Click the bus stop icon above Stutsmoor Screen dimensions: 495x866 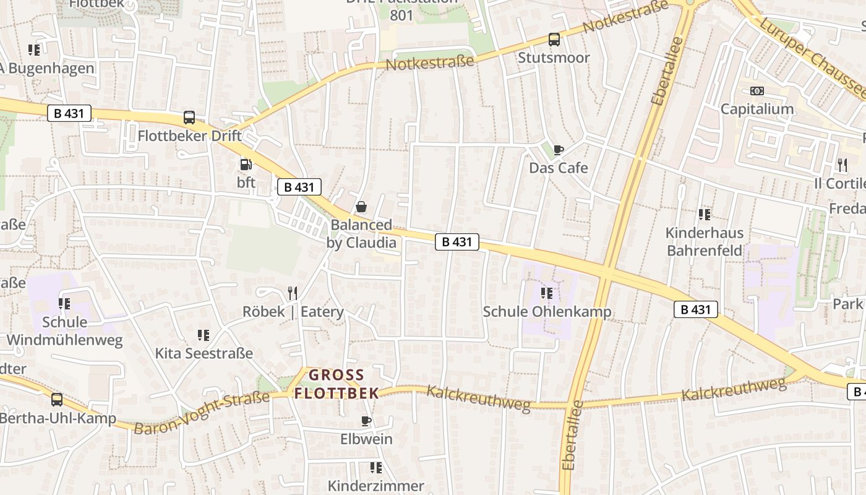click(554, 40)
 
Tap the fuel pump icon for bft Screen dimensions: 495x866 click(246, 165)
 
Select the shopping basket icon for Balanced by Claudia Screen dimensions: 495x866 click(361, 207)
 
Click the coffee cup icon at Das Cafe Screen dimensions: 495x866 click(558, 150)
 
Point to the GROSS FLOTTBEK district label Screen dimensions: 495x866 click(337, 384)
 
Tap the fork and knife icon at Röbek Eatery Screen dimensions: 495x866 click(293, 293)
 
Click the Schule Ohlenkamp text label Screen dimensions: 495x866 click(547, 311)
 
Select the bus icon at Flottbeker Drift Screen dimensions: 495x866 click(189, 118)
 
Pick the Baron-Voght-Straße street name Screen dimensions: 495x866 click(202, 412)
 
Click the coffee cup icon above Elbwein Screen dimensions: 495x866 click(366, 421)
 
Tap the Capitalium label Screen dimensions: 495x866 click(757, 109)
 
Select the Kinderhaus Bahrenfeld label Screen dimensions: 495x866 click(705, 242)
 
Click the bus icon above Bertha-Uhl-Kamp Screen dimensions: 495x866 click(57, 400)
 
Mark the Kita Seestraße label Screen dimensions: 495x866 click(204, 353)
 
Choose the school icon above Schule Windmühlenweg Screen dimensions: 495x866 click(64, 304)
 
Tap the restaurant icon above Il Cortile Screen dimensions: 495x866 click(842, 165)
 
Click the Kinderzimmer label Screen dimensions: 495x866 click(375, 486)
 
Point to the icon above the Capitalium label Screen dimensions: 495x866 click(757, 91)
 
